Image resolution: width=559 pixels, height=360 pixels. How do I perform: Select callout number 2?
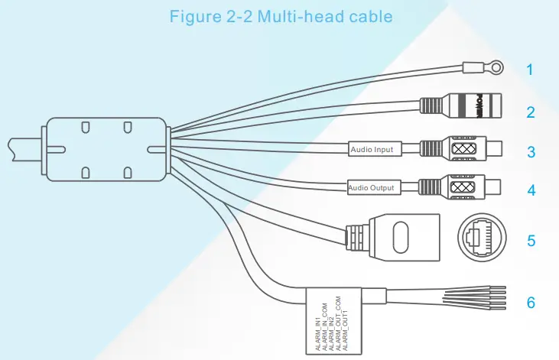tap(529, 112)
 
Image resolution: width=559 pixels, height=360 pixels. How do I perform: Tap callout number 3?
tap(529, 151)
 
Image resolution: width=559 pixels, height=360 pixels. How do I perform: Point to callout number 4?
tap(529, 189)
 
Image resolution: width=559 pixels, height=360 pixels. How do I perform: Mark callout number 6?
tap(529, 303)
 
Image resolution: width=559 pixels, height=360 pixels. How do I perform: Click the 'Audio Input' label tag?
tap(372, 149)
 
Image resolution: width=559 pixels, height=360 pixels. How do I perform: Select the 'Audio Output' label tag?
tap(371, 186)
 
